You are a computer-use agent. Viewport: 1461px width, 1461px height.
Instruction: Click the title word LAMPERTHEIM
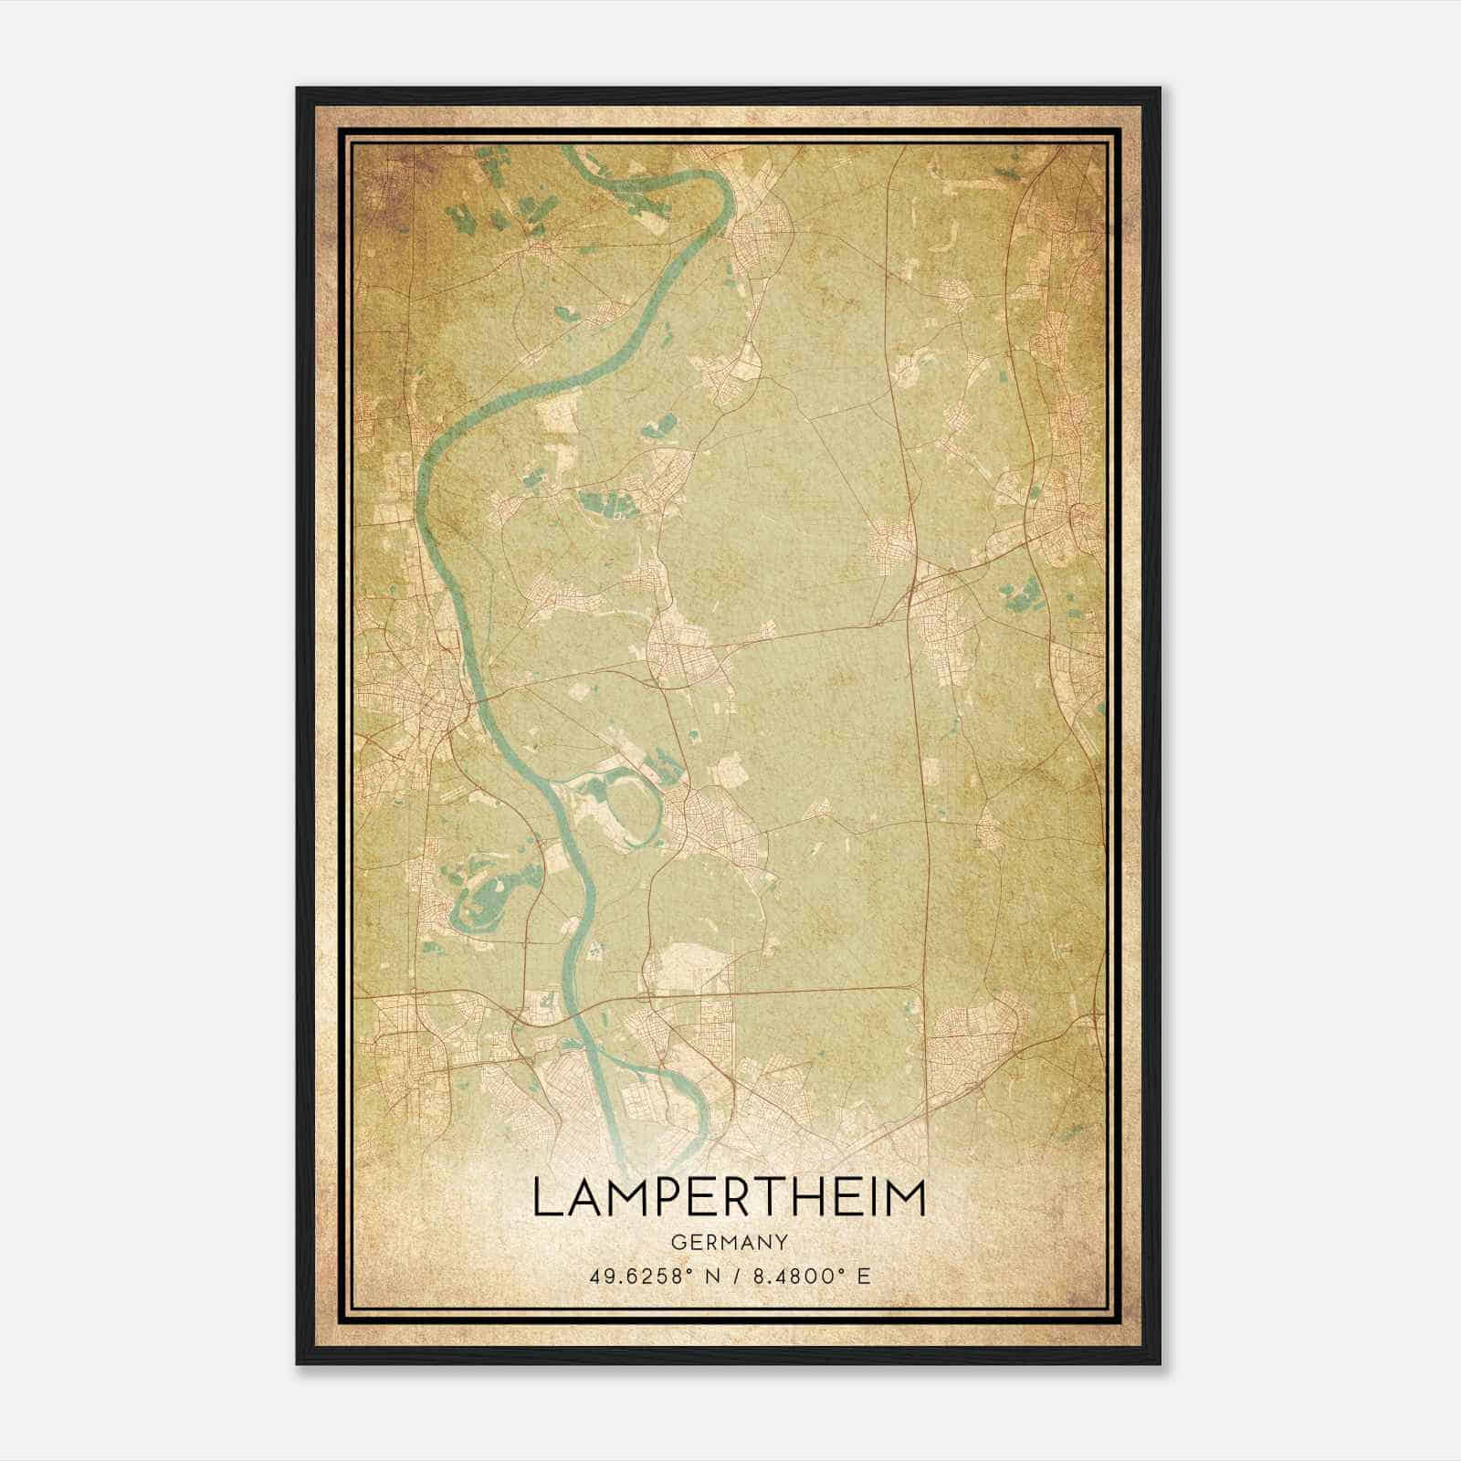[729, 1198]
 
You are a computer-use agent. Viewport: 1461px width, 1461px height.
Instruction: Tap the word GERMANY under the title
[729, 1243]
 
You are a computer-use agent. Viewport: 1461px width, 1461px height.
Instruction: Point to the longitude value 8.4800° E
[808, 1276]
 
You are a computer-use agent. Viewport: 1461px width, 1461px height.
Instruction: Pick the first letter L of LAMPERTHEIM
[544, 1198]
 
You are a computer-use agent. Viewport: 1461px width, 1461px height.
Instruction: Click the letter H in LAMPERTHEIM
[822, 1198]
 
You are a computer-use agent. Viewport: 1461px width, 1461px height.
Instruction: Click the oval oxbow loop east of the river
[630, 807]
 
